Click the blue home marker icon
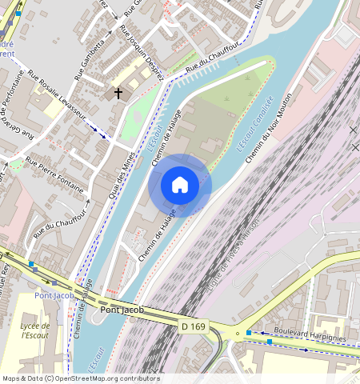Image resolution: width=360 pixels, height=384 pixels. tap(180, 185)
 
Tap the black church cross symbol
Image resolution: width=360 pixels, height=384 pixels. tap(118, 94)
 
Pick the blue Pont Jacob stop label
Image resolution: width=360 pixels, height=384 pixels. tap(54, 297)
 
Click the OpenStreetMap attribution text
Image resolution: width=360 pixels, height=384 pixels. tap(80, 378)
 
